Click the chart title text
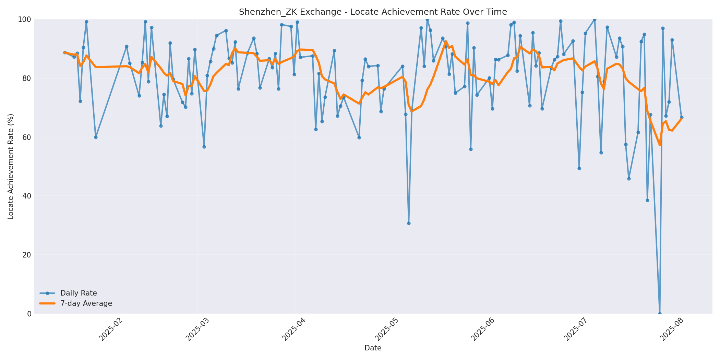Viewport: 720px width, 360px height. (x=373, y=12)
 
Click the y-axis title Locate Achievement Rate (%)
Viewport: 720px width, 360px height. (x=11, y=166)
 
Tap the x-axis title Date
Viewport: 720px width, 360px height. (x=373, y=348)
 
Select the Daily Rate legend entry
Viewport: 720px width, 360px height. (x=79, y=293)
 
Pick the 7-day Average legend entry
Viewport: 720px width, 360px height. (x=86, y=303)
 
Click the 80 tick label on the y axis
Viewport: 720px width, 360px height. (x=26, y=78)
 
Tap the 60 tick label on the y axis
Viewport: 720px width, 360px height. (x=26, y=137)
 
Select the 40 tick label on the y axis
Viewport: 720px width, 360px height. (x=26, y=196)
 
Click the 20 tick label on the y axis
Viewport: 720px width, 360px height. (x=26, y=255)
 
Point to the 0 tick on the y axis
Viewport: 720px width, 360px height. (x=29, y=314)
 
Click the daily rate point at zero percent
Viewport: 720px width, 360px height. (x=660, y=313)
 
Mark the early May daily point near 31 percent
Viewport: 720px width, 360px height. (x=409, y=223)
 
